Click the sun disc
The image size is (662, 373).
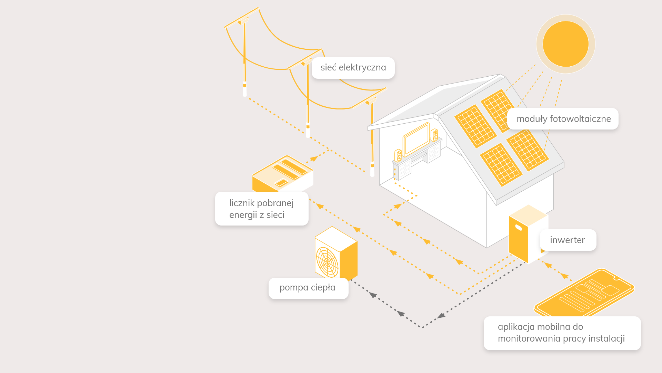565,44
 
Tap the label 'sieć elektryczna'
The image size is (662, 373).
353,68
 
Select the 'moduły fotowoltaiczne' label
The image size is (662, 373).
563,119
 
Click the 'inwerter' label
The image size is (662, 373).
568,240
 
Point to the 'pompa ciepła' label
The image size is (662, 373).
308,288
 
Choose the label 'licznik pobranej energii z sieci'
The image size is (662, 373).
262,209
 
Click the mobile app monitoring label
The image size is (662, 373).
562,333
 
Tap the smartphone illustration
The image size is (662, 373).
584,292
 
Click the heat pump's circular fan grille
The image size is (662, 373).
327,262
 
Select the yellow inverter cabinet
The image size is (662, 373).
519,242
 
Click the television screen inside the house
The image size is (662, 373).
417,140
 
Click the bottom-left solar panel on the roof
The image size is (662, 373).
501,164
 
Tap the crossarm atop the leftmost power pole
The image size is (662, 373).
242,17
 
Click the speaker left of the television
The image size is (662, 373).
398,156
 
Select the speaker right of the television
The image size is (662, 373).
434,135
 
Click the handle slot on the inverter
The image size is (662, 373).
518,227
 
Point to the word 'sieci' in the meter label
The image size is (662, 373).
275,215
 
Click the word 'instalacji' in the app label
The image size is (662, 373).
606,338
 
